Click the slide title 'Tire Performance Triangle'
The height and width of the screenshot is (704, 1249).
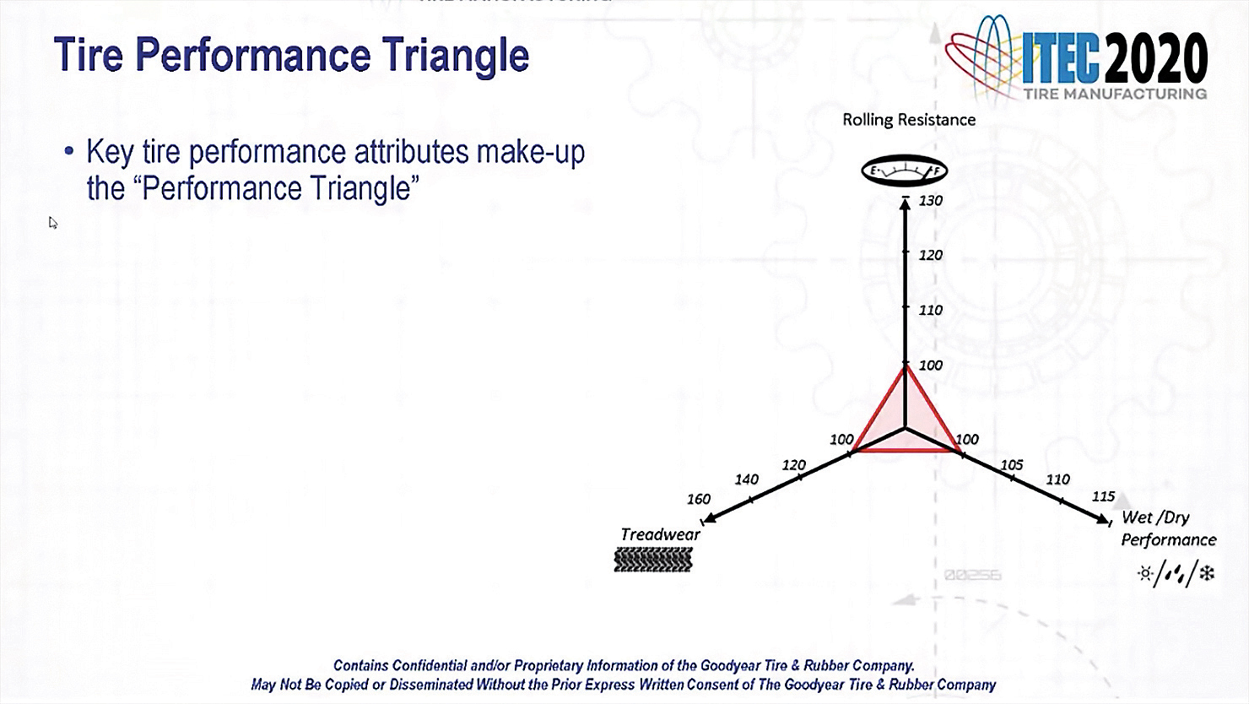click(x=291, y=55)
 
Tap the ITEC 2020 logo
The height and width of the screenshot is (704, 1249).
click(x=1077, y=59)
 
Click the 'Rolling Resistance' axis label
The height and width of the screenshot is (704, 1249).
click(x=909, y=120)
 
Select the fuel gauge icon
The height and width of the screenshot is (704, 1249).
click(x=904, y=171)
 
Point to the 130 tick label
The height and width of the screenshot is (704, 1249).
click(x=930, y=201)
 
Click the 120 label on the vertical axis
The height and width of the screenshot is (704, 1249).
click(x=930, y=255)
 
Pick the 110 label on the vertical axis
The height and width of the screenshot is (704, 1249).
click(x=930, y=310)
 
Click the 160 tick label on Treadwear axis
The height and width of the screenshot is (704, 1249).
click(x=698, y=499)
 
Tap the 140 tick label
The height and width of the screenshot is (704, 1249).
click(x=746, y=479)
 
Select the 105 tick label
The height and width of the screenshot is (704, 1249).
click(x=1011, y=465)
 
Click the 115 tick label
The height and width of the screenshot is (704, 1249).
click(x=1103, y=496)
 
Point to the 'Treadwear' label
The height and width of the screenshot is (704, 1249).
click(x=660, y=534)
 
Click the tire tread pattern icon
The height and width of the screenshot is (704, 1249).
click(x=653, y=560)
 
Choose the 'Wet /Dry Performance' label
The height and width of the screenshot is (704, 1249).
click(x=1168, y=528)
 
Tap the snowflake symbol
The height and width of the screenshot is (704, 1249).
click(x=1207, y=574)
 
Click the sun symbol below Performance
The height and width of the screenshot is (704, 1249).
click(x=1145, y=574)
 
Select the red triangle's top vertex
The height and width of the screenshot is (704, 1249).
click(x=905, y=368)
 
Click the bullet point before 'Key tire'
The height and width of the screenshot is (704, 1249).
click(x=69, y=152)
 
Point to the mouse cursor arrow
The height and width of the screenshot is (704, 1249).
click(x=52, y=223)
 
